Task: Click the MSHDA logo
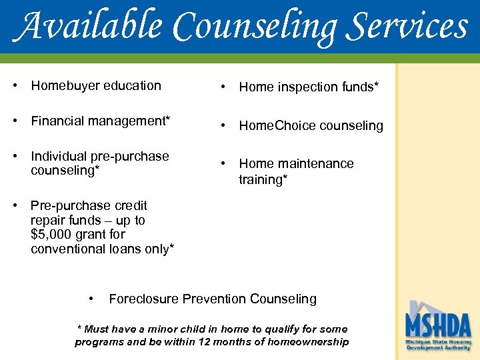438,326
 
